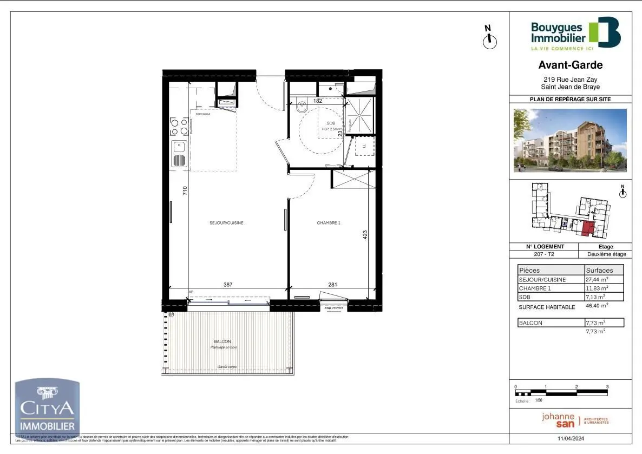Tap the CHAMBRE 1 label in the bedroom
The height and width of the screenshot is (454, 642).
(329, 223)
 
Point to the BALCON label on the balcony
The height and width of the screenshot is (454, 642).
(222, 341)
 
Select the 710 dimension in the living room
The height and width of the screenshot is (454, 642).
(185, 190)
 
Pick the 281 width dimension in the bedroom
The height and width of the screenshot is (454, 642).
(332, 285)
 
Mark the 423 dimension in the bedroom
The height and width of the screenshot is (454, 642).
(365, 235)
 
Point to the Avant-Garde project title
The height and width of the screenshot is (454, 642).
(570, 65)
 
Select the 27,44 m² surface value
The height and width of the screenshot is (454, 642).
(596, 280)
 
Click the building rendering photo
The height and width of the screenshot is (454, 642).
(570, 140)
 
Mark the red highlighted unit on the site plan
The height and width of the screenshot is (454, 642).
(587, 229)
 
